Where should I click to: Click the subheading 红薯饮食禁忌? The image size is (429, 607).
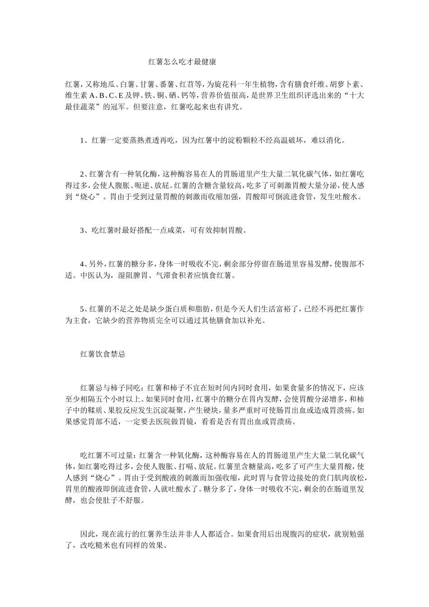103,355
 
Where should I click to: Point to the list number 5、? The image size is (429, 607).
84,309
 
